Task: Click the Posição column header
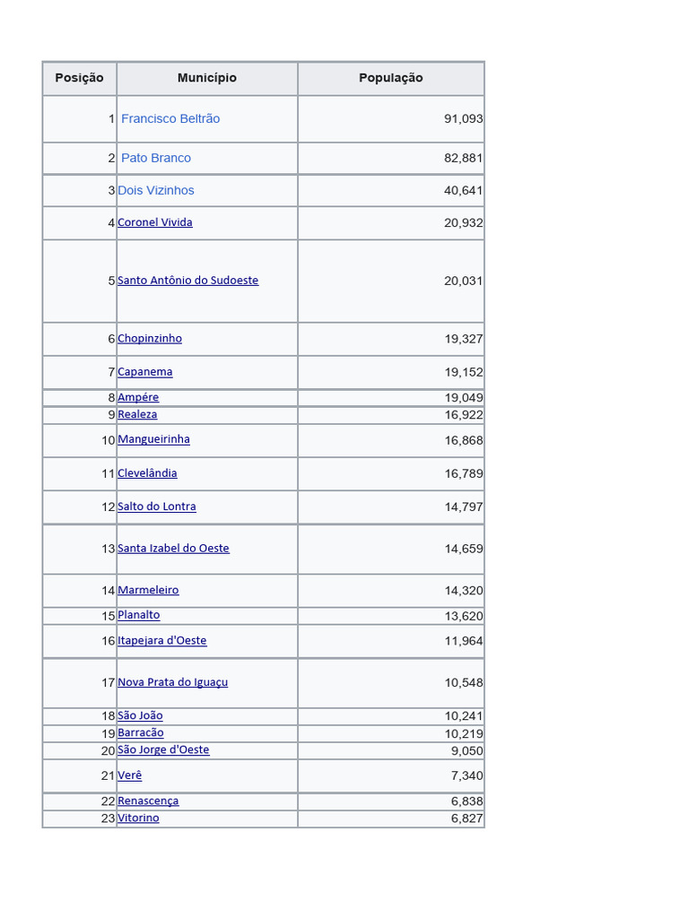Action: tap(79, 78)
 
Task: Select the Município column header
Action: tap(207, 78)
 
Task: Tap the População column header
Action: tap(390, 78)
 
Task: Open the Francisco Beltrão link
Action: tap(170, 118)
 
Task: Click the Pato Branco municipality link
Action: tap(156, 158)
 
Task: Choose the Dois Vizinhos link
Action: tap(156, 190)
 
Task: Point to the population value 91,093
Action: tap(463, 118)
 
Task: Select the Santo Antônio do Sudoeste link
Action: tap(188, 281)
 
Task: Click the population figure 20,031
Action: tap(463, 281)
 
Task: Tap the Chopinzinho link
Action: tap(150, 339)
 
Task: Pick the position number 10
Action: tap(109, 440)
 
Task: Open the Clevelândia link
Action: tap(147, 473)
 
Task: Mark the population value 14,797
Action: tap(463, 507)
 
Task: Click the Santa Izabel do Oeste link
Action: tap(173, 549)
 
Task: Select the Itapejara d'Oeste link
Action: tap(162, 641)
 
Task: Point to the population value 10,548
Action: tap(463, 682)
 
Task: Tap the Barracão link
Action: tap(141, 733)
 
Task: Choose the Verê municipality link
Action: tap(130, 775)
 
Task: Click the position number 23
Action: tap(109, 818)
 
